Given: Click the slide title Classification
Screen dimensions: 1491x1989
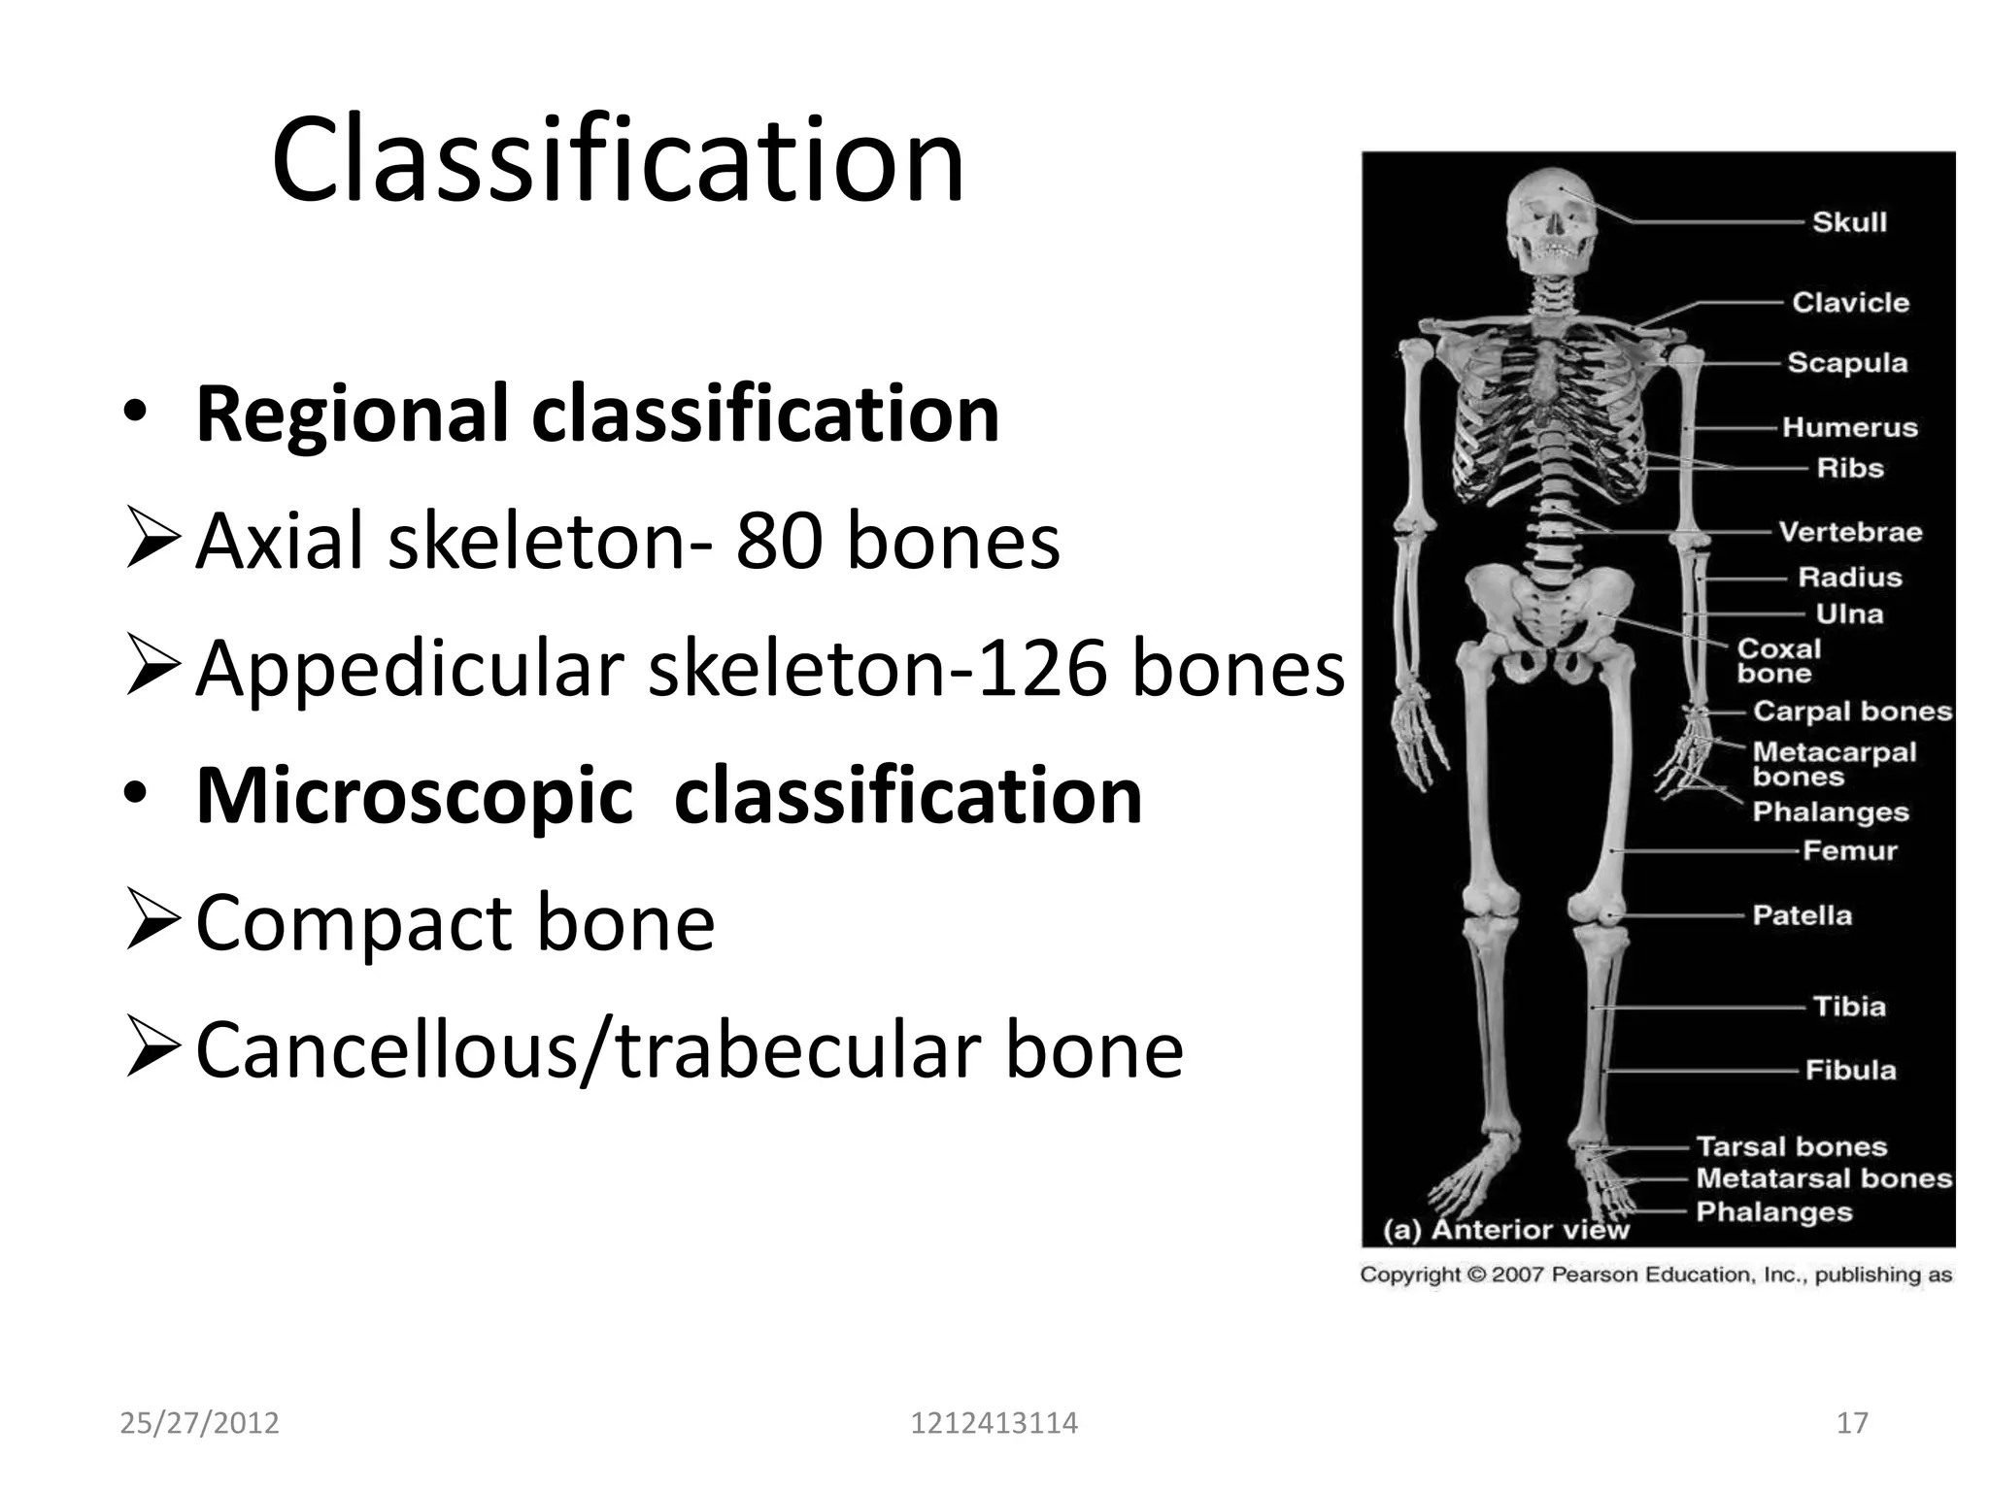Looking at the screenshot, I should point(618,160).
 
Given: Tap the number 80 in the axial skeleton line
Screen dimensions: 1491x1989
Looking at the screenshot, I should point(776,541).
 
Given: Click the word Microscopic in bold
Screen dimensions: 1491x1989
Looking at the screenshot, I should point(415,796).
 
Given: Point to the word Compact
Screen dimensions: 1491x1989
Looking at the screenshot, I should point(353,922).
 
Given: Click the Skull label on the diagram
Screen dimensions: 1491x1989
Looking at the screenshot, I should point(1849,222).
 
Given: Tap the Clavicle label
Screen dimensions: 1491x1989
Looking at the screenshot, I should point(1850,303).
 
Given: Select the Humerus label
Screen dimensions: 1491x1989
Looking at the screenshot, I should point(1849,428).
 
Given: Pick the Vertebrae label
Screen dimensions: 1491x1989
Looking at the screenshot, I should point(1850,532).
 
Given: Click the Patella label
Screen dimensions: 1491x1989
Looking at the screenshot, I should point(1802,915).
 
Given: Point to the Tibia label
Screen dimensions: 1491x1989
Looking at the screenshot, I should point(1849,1007).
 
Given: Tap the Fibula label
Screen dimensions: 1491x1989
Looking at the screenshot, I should point(1850,1070).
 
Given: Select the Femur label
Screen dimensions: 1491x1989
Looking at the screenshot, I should point(1849,851).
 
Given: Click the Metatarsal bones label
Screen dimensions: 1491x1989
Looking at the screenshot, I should point(1823,1178).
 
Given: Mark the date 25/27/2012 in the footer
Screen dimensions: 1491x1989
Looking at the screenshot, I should point(199,1423).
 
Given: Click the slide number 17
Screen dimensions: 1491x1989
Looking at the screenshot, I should point(1852,1423).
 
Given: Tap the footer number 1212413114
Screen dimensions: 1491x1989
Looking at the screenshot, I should point(994,1423).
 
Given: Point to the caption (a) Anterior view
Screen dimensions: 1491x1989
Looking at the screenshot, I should point(1505,1230).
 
